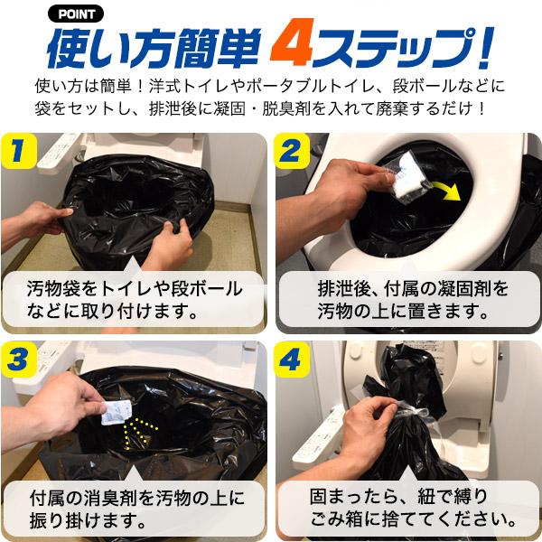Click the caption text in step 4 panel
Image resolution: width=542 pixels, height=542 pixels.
click(x=406, y=508)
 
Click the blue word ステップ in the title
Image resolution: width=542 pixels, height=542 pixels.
click(x=397, y=47)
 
